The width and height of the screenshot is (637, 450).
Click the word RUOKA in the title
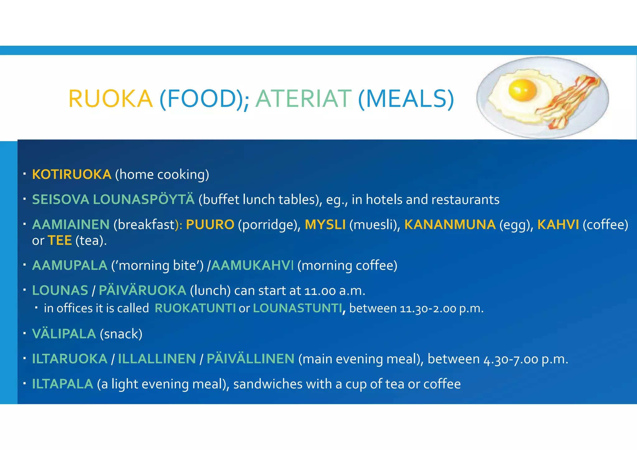click(x=110, y=99)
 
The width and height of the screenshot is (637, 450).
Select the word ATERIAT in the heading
click(x=303, y=99)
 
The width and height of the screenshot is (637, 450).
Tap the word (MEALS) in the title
click(x=406, y=99)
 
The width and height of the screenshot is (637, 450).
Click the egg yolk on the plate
click(x=522, y=90)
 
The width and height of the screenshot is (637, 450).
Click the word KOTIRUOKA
click(x=72, y=174)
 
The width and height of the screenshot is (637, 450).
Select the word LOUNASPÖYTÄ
click(x=144, y=199)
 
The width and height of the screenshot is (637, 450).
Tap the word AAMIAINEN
click(x=71, y=225)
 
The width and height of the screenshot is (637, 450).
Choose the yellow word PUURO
click(x=210, y=225)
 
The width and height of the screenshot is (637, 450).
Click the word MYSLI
click(x=325, y=225)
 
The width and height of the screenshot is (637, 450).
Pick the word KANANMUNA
click(x=450, y=225)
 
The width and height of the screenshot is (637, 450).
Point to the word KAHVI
click(x=558, y=225)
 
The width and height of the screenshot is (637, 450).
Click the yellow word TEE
click(x=60, y=240)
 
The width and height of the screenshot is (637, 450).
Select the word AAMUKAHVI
click(x=252, y=265)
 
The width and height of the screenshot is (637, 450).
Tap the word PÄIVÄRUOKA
click(x=142, y=290)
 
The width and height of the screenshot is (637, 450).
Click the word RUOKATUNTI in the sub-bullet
click(x=195, y=308)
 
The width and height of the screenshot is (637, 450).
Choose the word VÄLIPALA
click(x=64, y=334)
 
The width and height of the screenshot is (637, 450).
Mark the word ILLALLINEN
click(x=157, y=359)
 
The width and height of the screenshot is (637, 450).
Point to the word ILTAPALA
click(x=63, y=384)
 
